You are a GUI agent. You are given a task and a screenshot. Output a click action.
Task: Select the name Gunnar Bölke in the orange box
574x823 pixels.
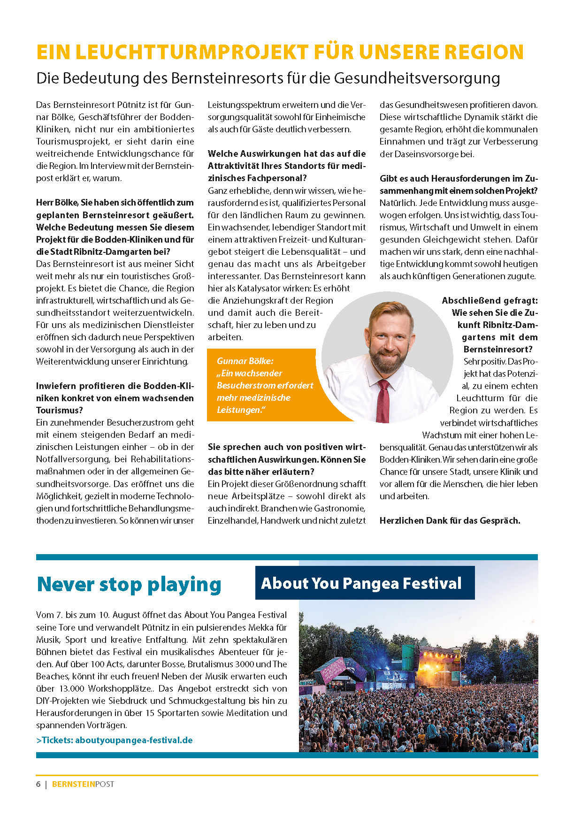[x=245, y=361]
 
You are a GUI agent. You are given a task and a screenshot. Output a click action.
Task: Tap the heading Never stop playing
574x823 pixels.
[x=129, y=585]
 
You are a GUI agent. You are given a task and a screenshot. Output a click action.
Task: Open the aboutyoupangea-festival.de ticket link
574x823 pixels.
[x=134, y=740]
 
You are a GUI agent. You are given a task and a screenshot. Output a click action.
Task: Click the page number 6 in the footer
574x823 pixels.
[x=38, y=784]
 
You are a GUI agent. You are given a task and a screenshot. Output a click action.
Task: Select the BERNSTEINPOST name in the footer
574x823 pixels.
[x=83, y=784]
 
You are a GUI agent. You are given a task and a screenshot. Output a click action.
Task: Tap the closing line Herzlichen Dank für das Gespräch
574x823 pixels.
[x=450, y=520]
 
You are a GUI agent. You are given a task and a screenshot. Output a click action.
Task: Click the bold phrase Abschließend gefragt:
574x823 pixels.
[x=490, y=300]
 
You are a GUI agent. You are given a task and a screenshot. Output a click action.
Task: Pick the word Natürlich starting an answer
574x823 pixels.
[x=397, y=203]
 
